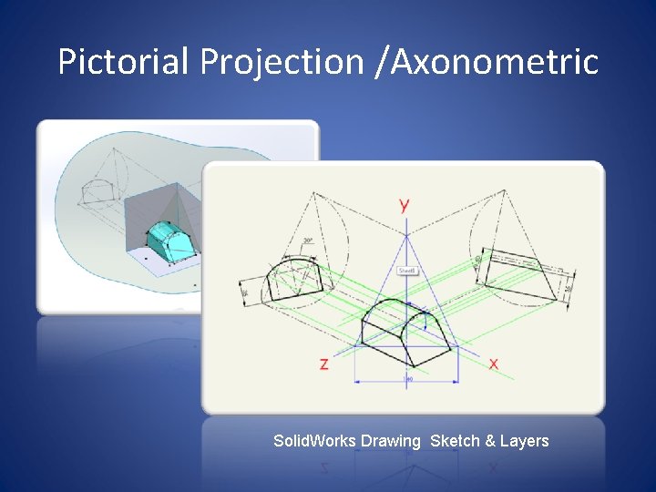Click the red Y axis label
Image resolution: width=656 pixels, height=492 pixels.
(404, 205)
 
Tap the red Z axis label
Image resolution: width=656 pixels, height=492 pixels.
(323, 364)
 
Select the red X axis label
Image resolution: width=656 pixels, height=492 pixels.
(494, 364)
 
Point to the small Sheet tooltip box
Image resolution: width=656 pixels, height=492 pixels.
(406, 271)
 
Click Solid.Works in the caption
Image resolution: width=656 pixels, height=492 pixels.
(315, 441)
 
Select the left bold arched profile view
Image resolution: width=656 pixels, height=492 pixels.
(292, 278)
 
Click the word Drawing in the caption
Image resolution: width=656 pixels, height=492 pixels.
(391, 441)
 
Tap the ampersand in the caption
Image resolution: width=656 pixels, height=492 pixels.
(490, 441)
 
